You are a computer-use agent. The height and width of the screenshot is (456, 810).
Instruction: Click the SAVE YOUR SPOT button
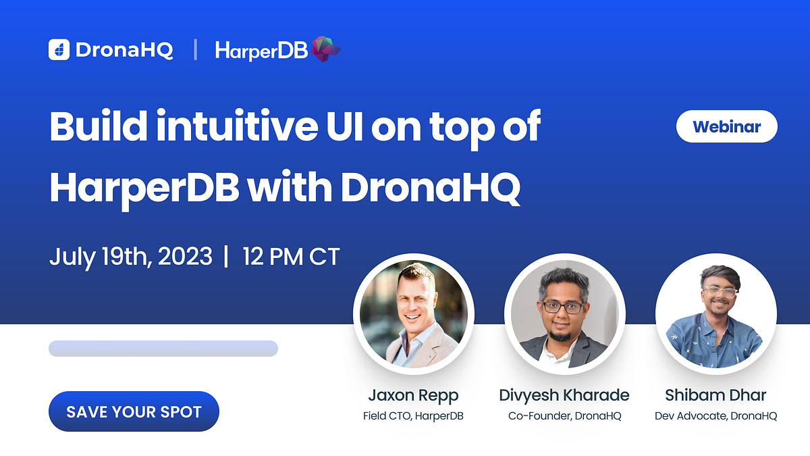tap(134, 411)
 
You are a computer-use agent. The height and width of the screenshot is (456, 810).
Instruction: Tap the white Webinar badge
tap(726, 126)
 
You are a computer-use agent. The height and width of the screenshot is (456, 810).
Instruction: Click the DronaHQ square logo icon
tap(59, 49)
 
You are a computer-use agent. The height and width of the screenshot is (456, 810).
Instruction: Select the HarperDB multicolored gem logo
tap(326, 49)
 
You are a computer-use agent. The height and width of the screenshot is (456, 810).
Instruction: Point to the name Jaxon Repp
tap(413, 395)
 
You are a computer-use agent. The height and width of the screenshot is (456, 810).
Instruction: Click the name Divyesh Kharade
tap(564, 395)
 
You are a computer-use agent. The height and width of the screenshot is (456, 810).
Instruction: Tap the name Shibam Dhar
tap(715, 395)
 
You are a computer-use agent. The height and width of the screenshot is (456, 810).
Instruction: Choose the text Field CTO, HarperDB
tap(413, 416)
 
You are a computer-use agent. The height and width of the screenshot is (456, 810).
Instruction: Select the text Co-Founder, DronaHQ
tap(564, 416)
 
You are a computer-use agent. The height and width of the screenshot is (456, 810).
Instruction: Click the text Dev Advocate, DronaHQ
tap(715, 416)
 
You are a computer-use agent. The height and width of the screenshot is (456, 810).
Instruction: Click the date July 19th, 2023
tap(130, 257)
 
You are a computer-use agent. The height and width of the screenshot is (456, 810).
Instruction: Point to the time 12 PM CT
tap(291, 257)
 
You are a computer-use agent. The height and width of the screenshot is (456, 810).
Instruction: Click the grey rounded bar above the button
tap(163, 349)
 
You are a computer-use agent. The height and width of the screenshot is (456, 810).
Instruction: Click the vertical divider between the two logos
tap(196, 49)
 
